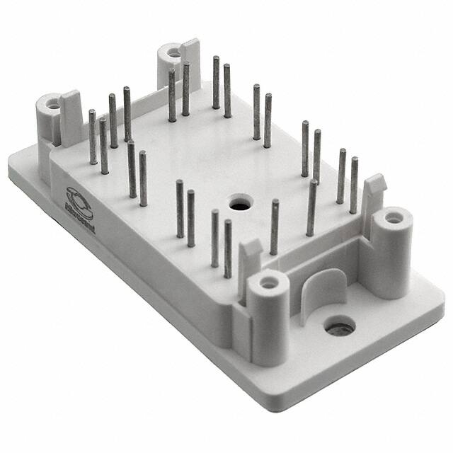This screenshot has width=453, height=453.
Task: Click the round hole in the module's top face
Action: pyautogui.click(x=236, y=203)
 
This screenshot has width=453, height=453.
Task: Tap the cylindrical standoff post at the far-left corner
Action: pyautogui.click(x=51, y=113)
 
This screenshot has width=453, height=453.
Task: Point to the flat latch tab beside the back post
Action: pyautogui.click(x=191, y=60)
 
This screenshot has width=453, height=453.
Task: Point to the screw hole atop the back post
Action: pyautogui.click(x=171, y=52)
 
